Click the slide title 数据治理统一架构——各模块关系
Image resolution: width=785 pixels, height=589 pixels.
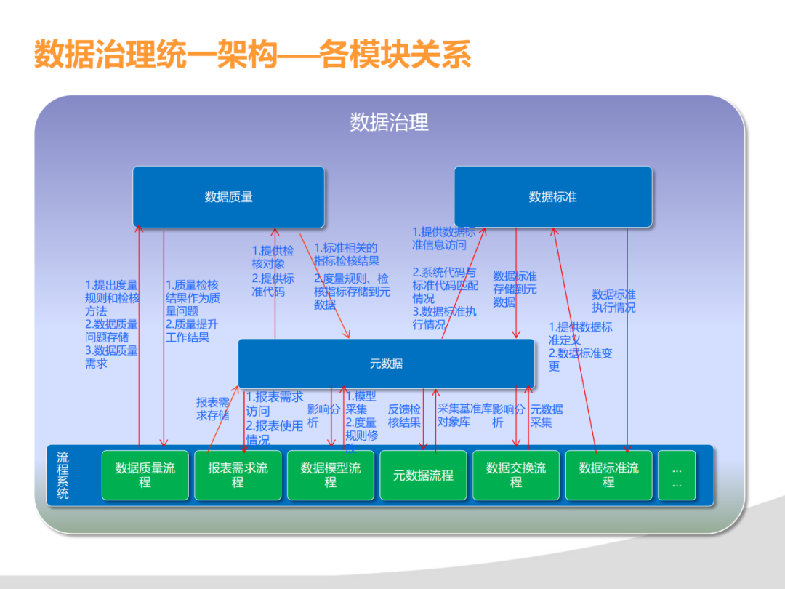(x=253, y=55)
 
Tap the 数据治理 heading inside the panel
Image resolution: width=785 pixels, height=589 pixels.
(x=390, y=122)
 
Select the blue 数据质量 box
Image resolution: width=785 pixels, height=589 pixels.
(x=228, y=196)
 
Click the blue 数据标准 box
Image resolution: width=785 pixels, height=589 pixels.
(x=553, y=196)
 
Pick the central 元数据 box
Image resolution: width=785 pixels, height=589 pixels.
(x=386, y=364)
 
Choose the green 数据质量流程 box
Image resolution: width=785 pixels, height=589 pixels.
(x=145, y=475)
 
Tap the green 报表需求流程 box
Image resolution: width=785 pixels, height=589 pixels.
(x=238, y=475)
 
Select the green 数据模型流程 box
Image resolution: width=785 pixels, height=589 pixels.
(x=331, y=475)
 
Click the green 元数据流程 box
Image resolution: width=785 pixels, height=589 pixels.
(x=423, y=476)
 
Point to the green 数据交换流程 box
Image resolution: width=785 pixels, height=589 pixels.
(x=516, y=475)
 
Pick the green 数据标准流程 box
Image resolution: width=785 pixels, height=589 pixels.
(x=608, y=475)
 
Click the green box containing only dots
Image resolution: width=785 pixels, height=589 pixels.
(x=677, y=476)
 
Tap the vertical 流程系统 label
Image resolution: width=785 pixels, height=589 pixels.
(x=63, y=475)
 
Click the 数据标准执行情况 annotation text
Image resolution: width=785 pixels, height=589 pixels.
(x=613, y=301)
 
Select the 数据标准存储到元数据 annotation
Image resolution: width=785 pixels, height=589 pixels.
(x=515, y=289)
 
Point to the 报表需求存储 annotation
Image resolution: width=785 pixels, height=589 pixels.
(x=213, y=409)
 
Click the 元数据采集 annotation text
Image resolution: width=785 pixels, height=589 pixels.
(x=546, y=415)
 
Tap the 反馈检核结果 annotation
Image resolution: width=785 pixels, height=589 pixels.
(x=404, y=415)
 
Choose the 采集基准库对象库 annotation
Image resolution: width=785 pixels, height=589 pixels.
(x=464, y=415)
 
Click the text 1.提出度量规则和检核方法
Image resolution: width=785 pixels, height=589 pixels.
(x=112, y=298)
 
